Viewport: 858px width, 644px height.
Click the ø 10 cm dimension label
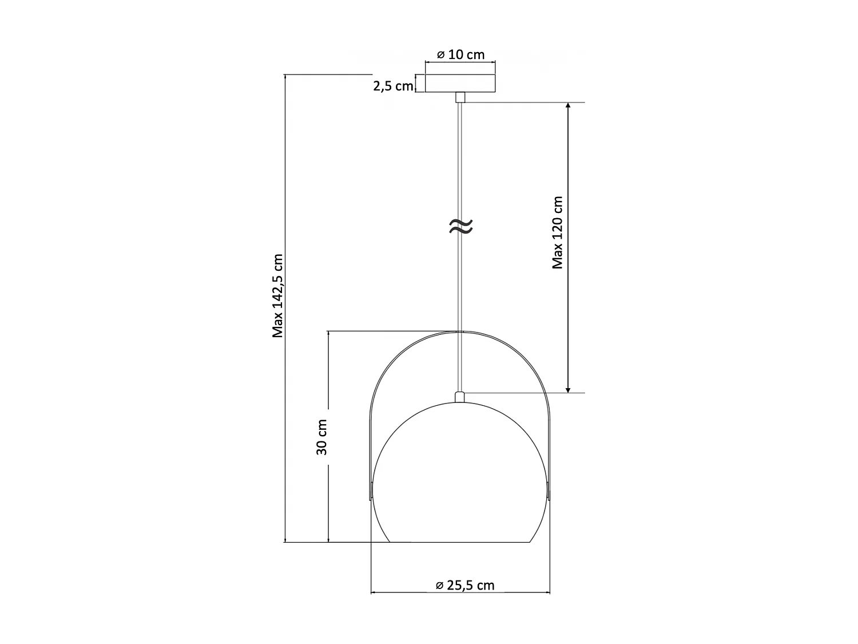(x=460, y=54)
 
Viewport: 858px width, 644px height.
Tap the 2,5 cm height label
(x=393, y=86)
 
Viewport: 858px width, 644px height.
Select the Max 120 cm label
(x=557, y=232)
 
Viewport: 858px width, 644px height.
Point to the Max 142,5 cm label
(x=277, y=295)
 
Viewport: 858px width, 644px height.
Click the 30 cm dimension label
(x=321, y=437)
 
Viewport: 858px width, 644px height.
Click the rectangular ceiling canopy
(x=460, y=83)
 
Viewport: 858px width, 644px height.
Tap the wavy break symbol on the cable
(x=461, y=226)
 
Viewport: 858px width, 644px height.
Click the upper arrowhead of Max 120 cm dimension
(x=568, y=105)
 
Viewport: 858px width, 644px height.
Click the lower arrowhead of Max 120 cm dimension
(x=568, y=389)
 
